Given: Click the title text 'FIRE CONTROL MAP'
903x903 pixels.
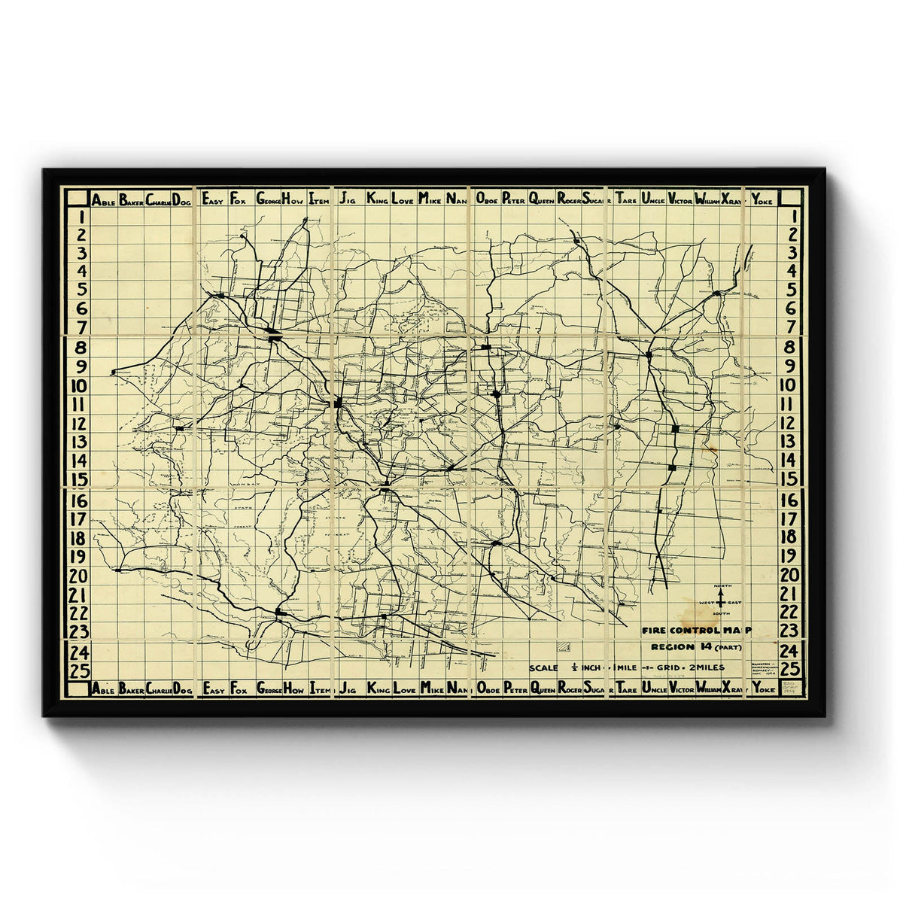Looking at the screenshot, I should coord(696,631).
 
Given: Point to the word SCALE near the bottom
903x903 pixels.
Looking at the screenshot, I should coord(543,667).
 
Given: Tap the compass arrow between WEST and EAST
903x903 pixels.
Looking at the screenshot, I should coord(721,600).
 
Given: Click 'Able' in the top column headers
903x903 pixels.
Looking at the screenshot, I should coord(103,200).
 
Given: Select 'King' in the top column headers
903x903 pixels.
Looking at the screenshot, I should coord(378,200).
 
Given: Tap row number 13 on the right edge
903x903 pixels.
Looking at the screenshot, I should coord(788,442).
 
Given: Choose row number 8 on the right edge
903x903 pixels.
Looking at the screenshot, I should coord(788,348).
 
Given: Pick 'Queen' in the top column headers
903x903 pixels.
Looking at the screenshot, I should coord(542,200).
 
